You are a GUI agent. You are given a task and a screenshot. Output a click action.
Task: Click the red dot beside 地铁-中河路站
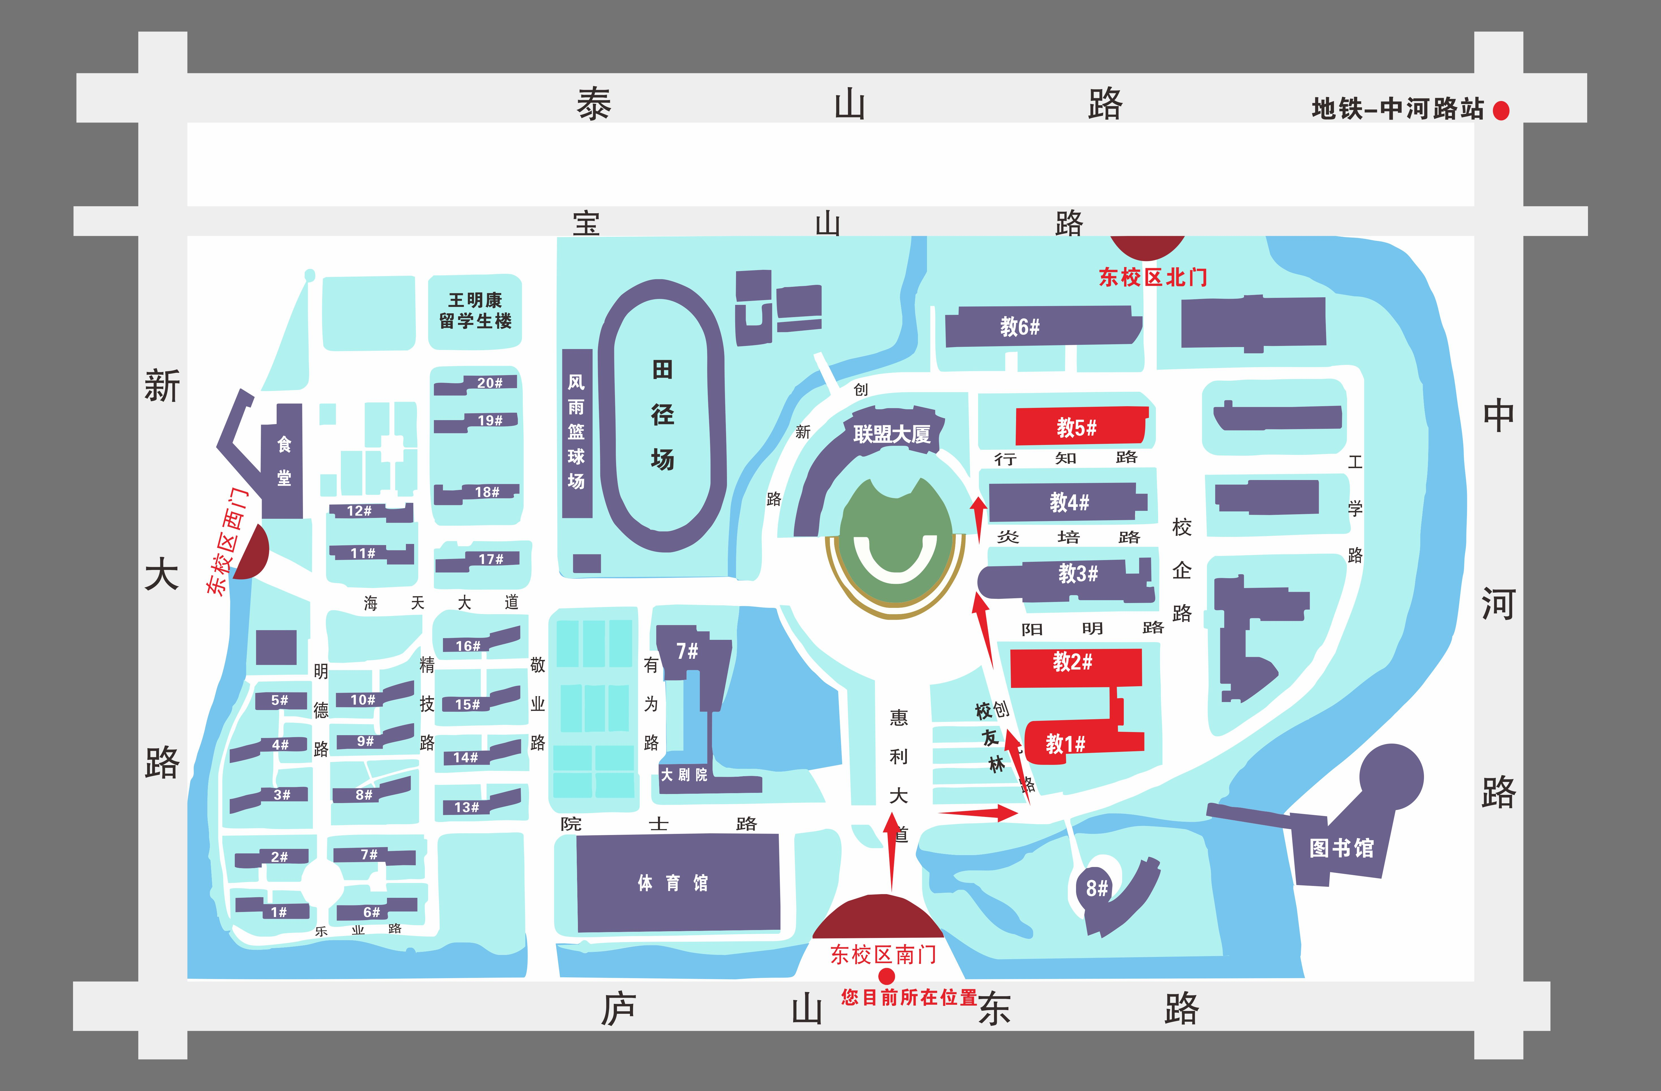(x=1501, y=110)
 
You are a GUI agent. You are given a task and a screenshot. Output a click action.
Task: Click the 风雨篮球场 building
(x=576, y=433)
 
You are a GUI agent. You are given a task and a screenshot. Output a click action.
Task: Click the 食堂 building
(x=283, y=461)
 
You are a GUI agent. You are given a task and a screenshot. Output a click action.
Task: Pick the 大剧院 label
(x=684, y=775)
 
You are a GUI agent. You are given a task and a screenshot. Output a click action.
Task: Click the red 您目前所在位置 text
(x=909, y=997)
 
